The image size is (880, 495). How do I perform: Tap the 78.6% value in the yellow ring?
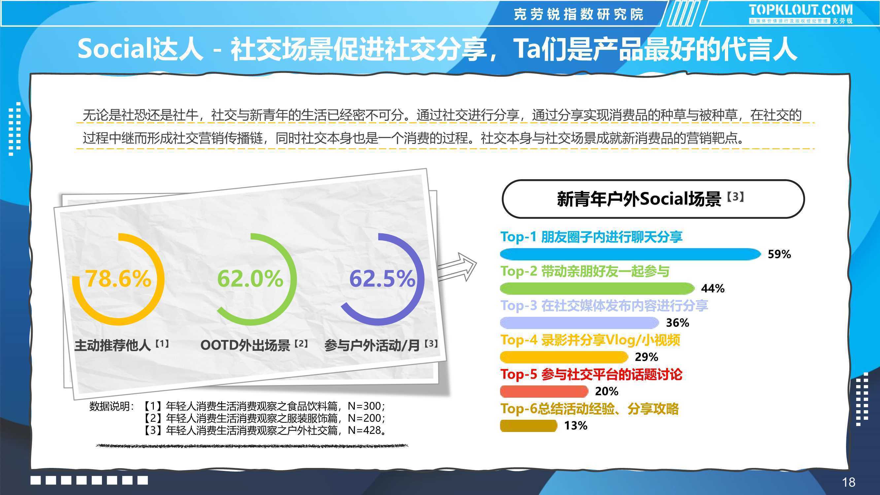(118, 279)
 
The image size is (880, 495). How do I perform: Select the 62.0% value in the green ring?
(250, 279)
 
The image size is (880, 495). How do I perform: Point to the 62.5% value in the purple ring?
(382, 279)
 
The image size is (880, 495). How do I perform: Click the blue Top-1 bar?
(630, 254)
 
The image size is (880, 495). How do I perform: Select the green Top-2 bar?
(597, 288)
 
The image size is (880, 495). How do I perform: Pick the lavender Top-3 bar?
(579, 323)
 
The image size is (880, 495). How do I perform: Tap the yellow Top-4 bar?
(564, 357)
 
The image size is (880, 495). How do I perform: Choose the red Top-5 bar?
(544, 391)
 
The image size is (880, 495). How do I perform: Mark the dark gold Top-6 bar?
(528, 426)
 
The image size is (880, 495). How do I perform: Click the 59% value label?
(779, 254)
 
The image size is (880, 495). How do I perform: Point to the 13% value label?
(576, 426)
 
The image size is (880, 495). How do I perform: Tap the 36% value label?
(677, 323)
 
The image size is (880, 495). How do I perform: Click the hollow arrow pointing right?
(457, 267)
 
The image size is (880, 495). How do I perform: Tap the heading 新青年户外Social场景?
(639, 199)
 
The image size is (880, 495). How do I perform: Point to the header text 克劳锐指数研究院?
(579, 14)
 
